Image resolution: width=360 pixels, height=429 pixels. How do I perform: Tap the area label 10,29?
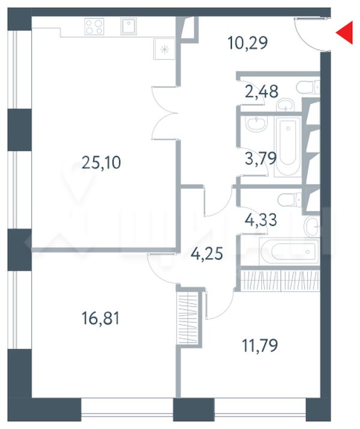click(x=248, y=43)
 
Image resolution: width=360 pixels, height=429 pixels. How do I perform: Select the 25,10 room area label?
click(x=101, y=163)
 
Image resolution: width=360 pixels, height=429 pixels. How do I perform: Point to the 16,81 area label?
click(x=101, y=318)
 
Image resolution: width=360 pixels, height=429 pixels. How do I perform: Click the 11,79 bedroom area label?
click(x=260, y=345)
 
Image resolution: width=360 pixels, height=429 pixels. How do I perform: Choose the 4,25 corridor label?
click(x=207, y=254)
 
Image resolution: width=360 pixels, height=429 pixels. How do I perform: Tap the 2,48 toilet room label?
click(x=262, y=91)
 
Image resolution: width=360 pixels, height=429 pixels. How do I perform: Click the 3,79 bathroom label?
click(x=260, y=158)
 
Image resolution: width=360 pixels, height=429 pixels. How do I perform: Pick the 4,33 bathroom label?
click(x=260, y=220)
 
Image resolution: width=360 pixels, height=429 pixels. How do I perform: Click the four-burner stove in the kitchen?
click(x=94, y=26)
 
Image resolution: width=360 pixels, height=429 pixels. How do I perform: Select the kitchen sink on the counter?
click(x=128, y=26)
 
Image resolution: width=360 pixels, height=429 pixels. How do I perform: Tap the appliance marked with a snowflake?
click(x=164, y=49)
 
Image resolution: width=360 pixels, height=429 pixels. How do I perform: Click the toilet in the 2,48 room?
click(x=308, y=87)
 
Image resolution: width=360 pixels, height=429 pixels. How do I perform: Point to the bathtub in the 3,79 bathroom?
click(x=287, y=146)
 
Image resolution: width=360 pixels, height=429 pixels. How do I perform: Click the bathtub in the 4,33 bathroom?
click(x=289, y=251)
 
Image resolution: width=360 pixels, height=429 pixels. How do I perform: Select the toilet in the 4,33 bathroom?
click(x=290, y=200)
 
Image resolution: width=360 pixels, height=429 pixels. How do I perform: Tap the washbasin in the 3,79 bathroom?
click(x=256, y=123)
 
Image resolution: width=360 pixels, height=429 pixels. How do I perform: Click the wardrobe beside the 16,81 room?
click(x=188, y=318)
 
